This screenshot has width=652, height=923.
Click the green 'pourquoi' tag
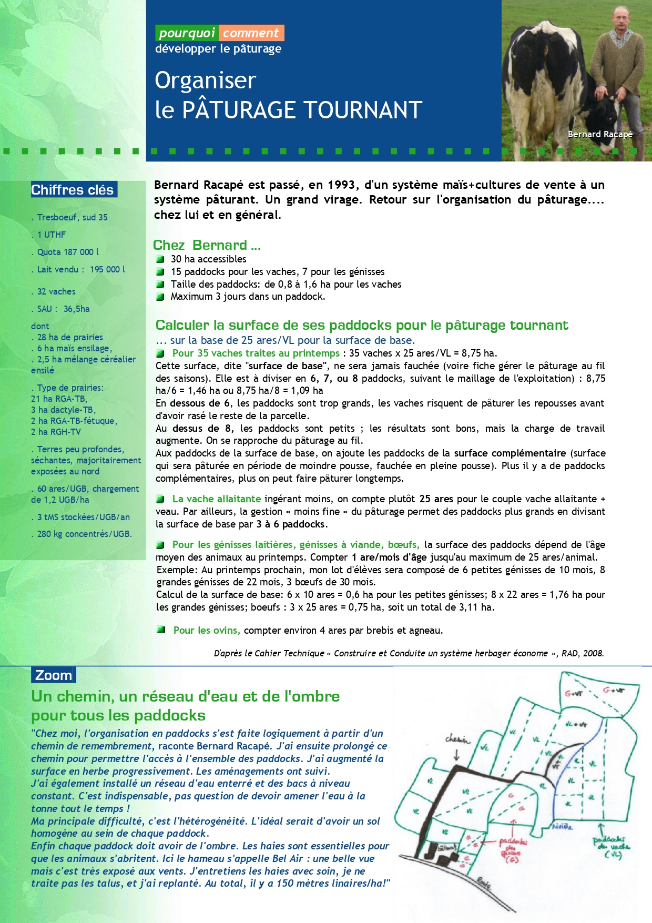click(187, 33)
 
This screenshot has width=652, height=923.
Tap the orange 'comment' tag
click(251, 33)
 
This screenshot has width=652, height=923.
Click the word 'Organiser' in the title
click(205, 80)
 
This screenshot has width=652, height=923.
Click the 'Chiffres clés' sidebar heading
click(73, 190)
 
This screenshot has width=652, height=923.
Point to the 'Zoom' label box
click(53, 675)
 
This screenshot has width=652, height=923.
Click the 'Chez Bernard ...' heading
click(206, 245)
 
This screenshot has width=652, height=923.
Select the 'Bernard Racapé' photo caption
click(600, 134)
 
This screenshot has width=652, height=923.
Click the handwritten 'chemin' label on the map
click(458, 739)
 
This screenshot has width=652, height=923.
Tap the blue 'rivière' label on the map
click(562, 826)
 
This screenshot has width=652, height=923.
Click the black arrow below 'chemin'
click(456, 754)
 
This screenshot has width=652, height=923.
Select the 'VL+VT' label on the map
click(576, 724)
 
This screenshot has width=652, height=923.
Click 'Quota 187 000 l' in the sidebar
click(68, 252)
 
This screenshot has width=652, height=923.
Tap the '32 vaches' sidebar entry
click(56, 291)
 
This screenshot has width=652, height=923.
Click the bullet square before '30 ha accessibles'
click(160, 259)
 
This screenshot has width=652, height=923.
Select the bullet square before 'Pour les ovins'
click(161, 630)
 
